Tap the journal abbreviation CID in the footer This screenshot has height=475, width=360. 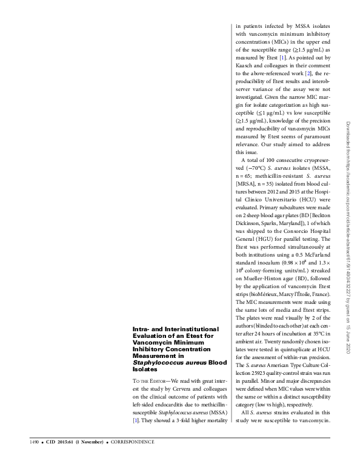52,458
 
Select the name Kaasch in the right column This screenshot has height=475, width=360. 245,65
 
